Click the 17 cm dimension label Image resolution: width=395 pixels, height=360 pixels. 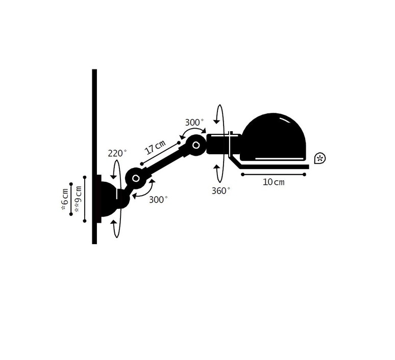coord(156,147)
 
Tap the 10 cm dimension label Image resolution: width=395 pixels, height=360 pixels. coord(274,182)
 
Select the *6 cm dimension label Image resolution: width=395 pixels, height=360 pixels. coord(65,199)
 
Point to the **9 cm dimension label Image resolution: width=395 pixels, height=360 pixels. coord(78,199)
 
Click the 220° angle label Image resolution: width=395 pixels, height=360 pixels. coord(117,153)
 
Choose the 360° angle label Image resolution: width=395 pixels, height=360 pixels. coord(220,191)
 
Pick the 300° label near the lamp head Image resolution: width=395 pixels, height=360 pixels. coord(194,123)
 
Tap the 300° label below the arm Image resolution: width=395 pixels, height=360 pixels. coord(158,200)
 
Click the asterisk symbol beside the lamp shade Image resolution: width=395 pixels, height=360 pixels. coord(320,158)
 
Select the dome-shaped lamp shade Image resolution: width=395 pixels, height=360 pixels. coord(274,137)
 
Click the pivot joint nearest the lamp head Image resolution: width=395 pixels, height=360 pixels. coord(196,145)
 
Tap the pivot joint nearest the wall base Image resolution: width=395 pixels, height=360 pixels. coord(136,178)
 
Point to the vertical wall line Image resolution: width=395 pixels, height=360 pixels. coord(94,157)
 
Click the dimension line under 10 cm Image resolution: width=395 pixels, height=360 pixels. coord(274,174)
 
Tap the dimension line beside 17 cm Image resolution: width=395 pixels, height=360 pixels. coord(160,153)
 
